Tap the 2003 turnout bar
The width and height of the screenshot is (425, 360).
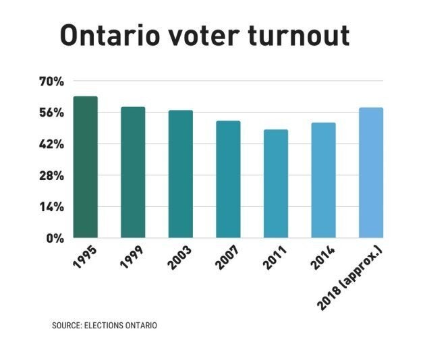pyautogui.click(x=181, y=174)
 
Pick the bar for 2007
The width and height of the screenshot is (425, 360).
pyautogui.click(x=228, y=179)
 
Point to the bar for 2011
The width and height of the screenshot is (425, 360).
pyautogui.click(x=276, y=183)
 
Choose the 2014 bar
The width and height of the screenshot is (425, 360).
pyautogui.click(x=323, y=180)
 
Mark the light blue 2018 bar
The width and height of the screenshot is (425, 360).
pyautogui.click(x=371, y=173)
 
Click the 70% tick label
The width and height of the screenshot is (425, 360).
pyautogui.click(x=51, y=82)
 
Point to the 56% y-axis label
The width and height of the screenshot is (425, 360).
pyautogui.click(x=51, y=113)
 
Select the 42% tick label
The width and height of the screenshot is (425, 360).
pyautogui.click(x=51, y=144)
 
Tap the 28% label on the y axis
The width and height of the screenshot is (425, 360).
pyautogui.click(x=51, y=175)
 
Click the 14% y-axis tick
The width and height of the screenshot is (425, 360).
pyautogui.click(x=51, y=207)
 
